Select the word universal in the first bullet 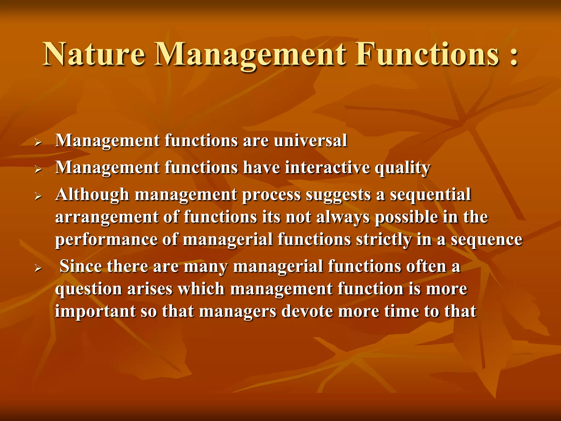point(310,141)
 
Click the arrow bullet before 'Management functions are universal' point(38,142)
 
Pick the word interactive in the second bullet point(327,167)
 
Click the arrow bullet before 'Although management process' point(38,196)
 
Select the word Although point(92,195)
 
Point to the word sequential point(430,195)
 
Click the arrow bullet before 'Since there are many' point(38,268)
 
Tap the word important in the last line point(95,311)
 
